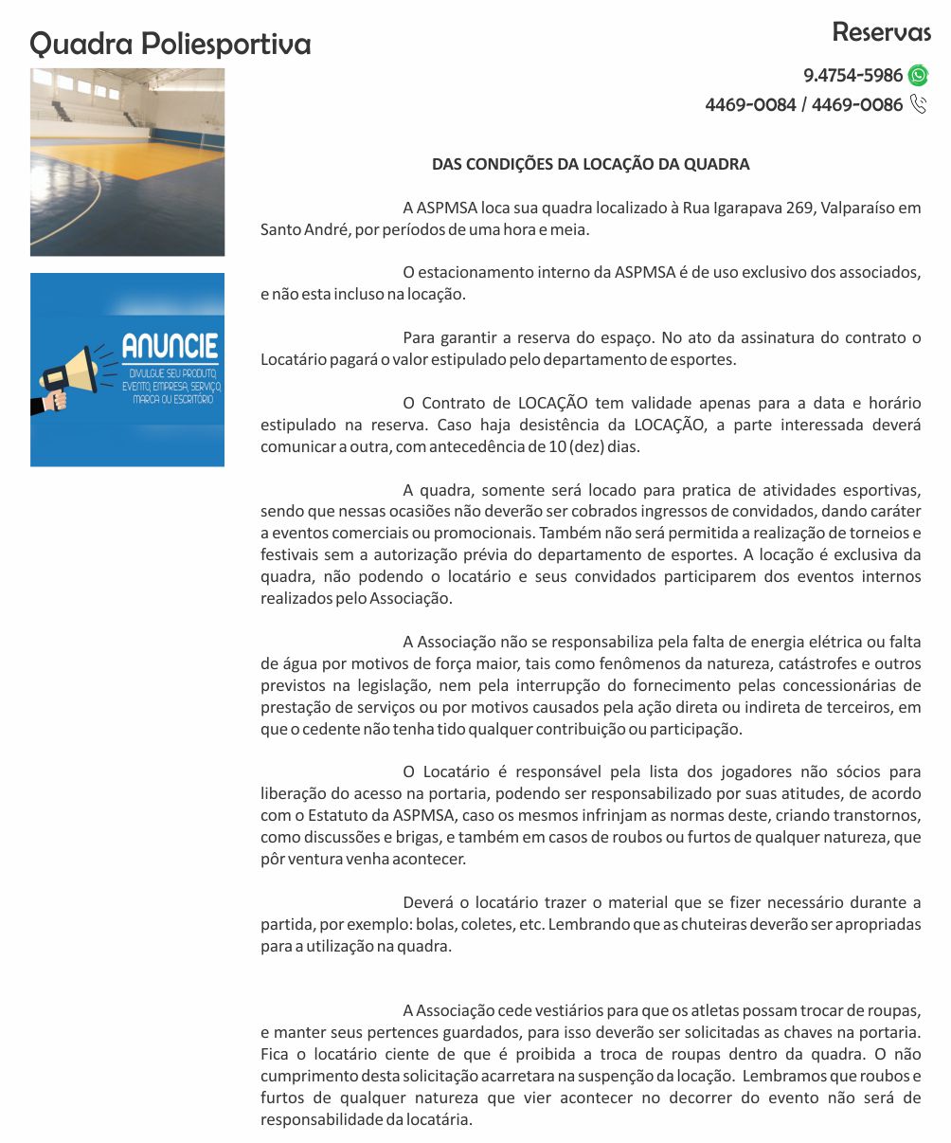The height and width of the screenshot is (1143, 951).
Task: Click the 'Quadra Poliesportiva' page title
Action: tap(170, 44)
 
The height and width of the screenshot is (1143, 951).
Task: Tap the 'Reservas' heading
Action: tap(881, 32)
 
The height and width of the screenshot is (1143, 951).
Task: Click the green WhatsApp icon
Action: tap(918, 76)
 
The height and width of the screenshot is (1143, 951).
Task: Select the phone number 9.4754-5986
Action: tap(852, 76)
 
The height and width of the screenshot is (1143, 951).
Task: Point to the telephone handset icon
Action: tap(918, 104)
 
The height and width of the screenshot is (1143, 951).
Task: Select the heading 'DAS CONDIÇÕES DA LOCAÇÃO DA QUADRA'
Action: tap(590, 164)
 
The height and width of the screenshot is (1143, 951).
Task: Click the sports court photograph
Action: tap(127, 161)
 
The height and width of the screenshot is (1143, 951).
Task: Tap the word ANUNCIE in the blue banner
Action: tap(170, 346)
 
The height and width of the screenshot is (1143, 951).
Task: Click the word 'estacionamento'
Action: tap(479, 272)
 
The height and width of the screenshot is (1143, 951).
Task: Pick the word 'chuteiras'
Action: tap(705, 924)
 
